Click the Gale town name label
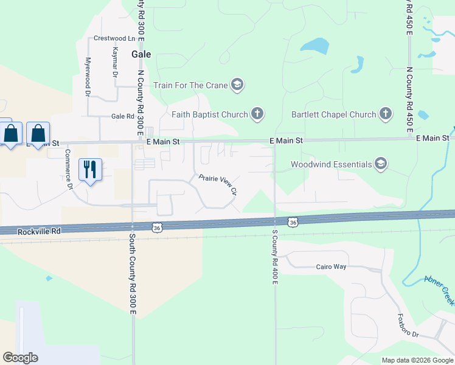pos(141,54)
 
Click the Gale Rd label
pos(122,116)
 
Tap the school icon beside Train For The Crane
pos(238,85)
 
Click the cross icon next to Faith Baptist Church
pos(257,114)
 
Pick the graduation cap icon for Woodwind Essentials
pos(381,164)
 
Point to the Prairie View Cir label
pos(217,185)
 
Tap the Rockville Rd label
pos(39,231)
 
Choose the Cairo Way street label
pos(331,266)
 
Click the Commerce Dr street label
pos(68,169)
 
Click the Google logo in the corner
pos(20,358)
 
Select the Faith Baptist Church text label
pos(210,114)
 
